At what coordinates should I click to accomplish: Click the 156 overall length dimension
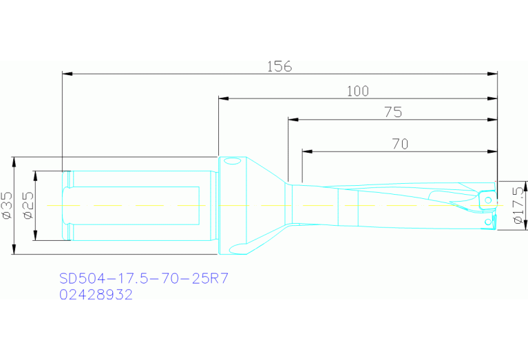(x=279, y=66)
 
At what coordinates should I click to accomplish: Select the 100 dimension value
(x=358, y=92)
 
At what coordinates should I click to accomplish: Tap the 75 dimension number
(x=393, y=112)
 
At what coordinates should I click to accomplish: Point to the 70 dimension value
(x=401, y=144)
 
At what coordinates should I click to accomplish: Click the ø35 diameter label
(x=8, y=205)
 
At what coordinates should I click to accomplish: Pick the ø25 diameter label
(x=28, y=205)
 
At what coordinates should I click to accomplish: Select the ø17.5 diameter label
(x=519, y=205)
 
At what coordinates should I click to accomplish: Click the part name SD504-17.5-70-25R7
(x=144, y=279)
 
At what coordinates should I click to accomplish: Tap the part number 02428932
(x=96, y=295)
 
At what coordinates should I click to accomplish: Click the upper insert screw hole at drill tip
(x=488, y=200)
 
